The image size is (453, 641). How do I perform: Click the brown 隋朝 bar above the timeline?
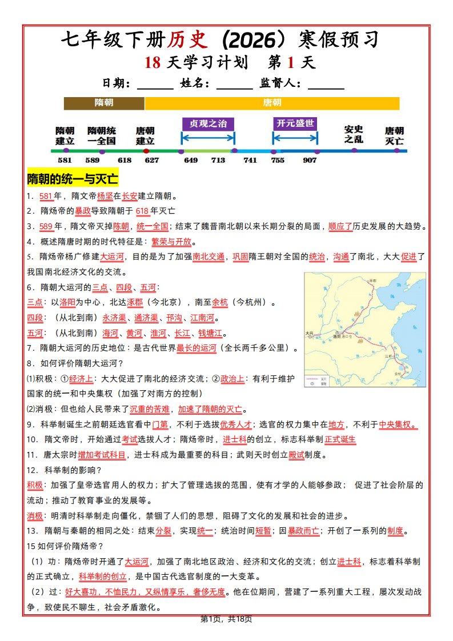coord(104,103)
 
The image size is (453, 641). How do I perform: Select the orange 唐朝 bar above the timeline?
coord(272,103)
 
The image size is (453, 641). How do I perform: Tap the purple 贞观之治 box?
coord(208,124)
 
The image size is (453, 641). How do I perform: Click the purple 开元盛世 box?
coord(295,123)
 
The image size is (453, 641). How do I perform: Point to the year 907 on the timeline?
coord(310,161)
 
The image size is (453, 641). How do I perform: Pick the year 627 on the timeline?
coord(151,161)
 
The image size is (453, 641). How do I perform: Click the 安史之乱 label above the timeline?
coord(354,134)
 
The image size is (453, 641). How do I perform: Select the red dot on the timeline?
coord(146,151)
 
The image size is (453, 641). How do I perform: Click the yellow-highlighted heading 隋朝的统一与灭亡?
coord(73,179)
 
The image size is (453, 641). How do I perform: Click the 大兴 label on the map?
coord(310,332)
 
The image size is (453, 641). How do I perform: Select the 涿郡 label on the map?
coord(374,281)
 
